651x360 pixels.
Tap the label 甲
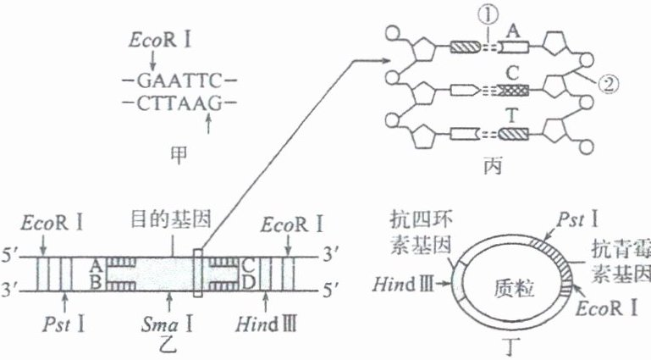177,153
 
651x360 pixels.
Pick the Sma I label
170,322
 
